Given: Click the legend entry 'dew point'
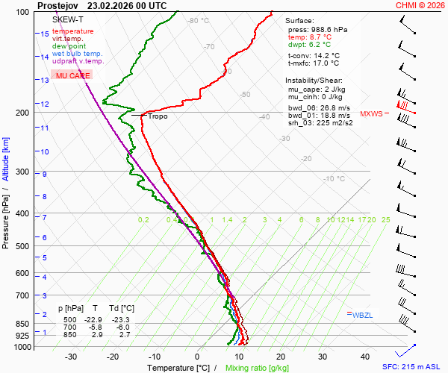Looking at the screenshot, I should click(69, 46).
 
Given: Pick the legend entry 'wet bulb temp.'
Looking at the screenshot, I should click(78, 54).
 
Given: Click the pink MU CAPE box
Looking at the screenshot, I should click(73, 76).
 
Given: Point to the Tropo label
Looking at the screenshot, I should click(158, 116).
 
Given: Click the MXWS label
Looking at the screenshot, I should click(371, 114).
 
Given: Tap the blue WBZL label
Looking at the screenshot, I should click(363, 315).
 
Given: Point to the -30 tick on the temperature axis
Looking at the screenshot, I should click(71, 357).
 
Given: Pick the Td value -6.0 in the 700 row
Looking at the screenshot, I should click(125, 327).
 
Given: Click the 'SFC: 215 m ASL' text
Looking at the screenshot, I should click(411, 367).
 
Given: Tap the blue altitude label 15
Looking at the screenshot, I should click(45, 34).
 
